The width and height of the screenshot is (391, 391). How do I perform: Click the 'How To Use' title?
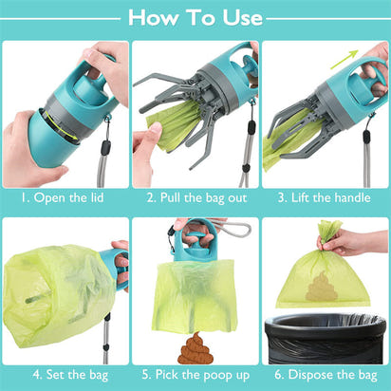[x=195, y=17]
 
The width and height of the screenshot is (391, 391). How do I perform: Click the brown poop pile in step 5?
[x=195, y=348]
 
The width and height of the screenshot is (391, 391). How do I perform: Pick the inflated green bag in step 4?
[x=57, y=294]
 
